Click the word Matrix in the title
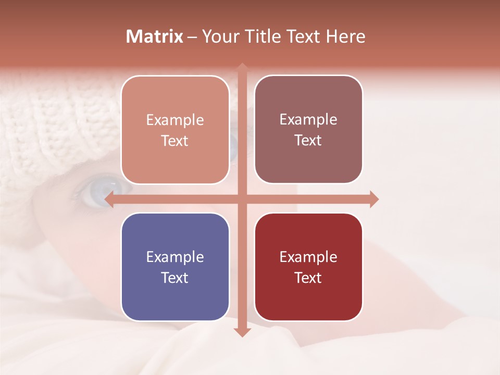coord(155,36)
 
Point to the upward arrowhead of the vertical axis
coord(242,67)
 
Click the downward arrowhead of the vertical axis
coord(242,332)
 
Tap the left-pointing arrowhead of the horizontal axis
coord(109,199)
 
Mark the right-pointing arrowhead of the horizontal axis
coord(374,199)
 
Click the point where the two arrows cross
coord(242,199)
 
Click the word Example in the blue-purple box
coord(175,257)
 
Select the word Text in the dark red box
coord(308,278)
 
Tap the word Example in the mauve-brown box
coord(308,119)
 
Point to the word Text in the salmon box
coord(175,141)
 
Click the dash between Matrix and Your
coord(192,37)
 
